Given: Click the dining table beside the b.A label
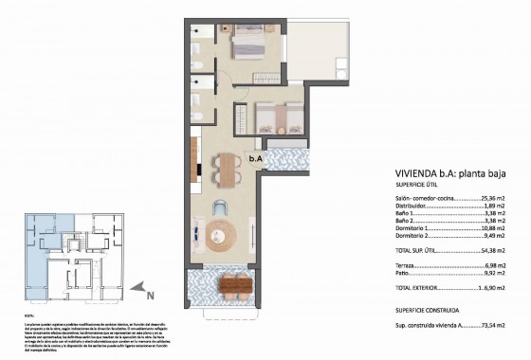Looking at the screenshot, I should [x=228, y=170].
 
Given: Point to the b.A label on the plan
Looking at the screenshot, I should [x=257, y=160].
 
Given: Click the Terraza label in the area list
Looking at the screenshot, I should [x=408, y=269].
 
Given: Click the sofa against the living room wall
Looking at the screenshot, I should [x=195, y=232].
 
